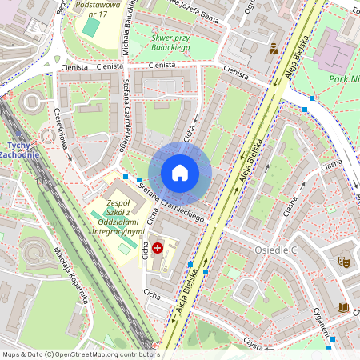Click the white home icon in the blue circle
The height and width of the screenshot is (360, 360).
coord(180,172)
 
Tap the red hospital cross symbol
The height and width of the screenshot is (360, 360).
coord(158,249)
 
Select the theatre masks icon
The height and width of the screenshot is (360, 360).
coord(343,262)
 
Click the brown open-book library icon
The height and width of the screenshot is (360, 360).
coord(343,307)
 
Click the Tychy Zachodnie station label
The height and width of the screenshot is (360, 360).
coord(15,149)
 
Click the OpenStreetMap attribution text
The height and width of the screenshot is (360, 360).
coord(80,354)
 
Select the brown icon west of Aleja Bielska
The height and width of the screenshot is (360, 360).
coord(274,49)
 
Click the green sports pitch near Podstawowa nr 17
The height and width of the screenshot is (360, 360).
coord(92,26)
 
